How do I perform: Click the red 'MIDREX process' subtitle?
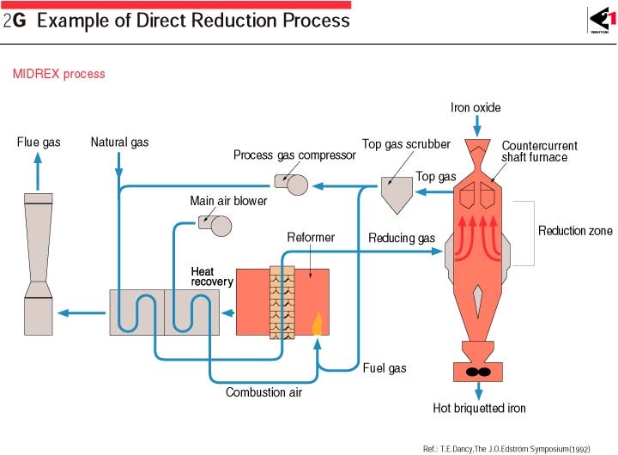pyautogui.click(x=59, y=74)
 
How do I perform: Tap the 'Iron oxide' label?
pyautogui.click(x=476, y=108)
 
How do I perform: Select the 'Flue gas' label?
pyautogui.click(x=39, y=143)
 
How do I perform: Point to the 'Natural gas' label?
pyautogui.click(x=119, y=143)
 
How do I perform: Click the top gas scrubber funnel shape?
pyautogui.click(x=397, y=194)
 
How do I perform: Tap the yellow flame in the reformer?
pyautogui.click(x=317, y=324)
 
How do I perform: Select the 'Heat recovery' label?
pyautogui.click(x=212, y=276)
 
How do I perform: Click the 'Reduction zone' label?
pyautogui.click(x=575, y=231)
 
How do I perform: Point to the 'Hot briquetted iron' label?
pyautogui.click(x=479, y=408)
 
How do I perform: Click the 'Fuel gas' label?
pyautogui.click(x=385, y=368)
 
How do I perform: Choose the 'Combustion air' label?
pyautogui.click(x=264, y=393)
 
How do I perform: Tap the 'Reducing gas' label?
pyautogui.click(x=402, y=238)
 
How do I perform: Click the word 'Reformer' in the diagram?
pyautogui.click(x=311, y=238)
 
